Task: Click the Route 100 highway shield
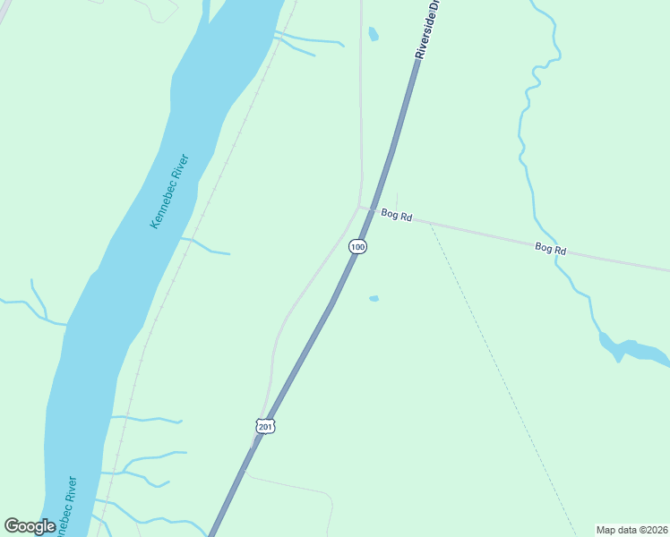[x=357, y=246]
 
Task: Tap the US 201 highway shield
[x=265, y=427]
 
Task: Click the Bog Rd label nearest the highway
[x=396, y=215]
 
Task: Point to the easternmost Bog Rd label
[x=551, y=248]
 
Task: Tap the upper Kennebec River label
[x=168, y=191]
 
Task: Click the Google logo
[x=30, y=526]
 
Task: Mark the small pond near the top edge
[x=373, y=34]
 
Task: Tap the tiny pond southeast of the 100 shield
[x=374, y=298]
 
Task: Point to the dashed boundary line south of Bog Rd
[x=502, y=376]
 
